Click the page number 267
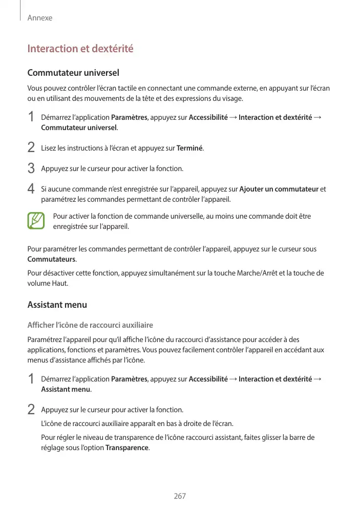[180, 496]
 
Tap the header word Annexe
[40, 18]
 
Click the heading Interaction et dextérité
[80, 49]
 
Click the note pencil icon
[36, 221]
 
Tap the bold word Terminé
[189, 149]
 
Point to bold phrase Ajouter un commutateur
[279, 189]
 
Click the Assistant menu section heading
[57, 305]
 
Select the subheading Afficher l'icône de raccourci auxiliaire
[90, 325]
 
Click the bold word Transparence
[126, 448]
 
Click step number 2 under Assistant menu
[31, 410]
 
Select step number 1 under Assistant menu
[31, 379]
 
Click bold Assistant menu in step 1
[66, 389]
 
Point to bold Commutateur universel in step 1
[79, 128]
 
